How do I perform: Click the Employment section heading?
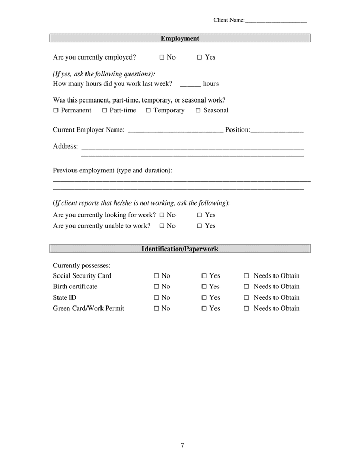[180, 38]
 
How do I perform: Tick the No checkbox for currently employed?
[162, 57]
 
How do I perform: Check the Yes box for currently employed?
[199, 57]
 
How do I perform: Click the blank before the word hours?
[190, 84]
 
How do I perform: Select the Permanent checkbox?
[56, 111]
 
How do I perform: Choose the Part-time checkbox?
[105, 111]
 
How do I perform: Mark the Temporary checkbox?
[148, 111]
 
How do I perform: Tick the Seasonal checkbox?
[198, 111]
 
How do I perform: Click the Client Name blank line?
[276, 21]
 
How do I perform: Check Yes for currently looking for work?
[199, 215]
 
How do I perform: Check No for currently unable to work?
[162, 226]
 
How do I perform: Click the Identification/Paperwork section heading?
[180, 249]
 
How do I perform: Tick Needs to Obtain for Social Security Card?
[247, 276]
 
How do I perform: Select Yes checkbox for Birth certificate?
[204, 287]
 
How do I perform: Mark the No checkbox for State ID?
[156, 298]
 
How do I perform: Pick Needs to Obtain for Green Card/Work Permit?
[247, 309]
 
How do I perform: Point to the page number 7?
[182, 445]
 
